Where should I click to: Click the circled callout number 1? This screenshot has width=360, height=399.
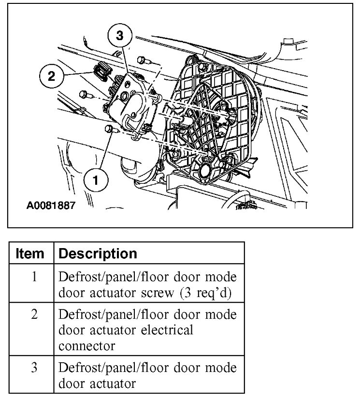point(97,180)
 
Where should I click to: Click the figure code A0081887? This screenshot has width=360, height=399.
point(51,206)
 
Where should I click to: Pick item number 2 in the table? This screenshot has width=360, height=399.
point(33,314)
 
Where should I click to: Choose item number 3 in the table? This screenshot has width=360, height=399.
point(33,368)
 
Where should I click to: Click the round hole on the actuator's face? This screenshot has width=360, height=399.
point(131,102)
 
